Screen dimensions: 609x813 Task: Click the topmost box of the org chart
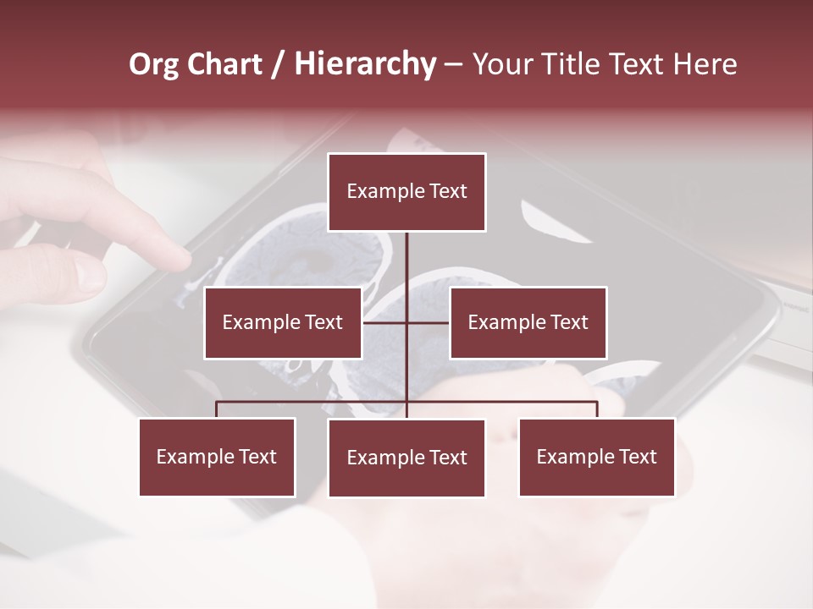tap(406, 192)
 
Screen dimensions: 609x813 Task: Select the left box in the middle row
tap(283, 322)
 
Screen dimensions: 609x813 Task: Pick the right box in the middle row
tap(528, 322)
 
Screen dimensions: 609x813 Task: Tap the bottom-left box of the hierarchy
tap(217, 457)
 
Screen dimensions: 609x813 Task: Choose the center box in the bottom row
tap(406, 458)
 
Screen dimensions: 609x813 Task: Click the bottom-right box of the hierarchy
tap(596, 457)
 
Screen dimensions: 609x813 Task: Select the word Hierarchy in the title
tap(365, 64)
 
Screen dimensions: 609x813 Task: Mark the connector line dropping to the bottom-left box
tap(217, 409)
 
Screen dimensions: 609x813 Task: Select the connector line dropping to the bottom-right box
tap(597, 409)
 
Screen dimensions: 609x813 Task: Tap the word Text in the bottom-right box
tap(638, 457)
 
